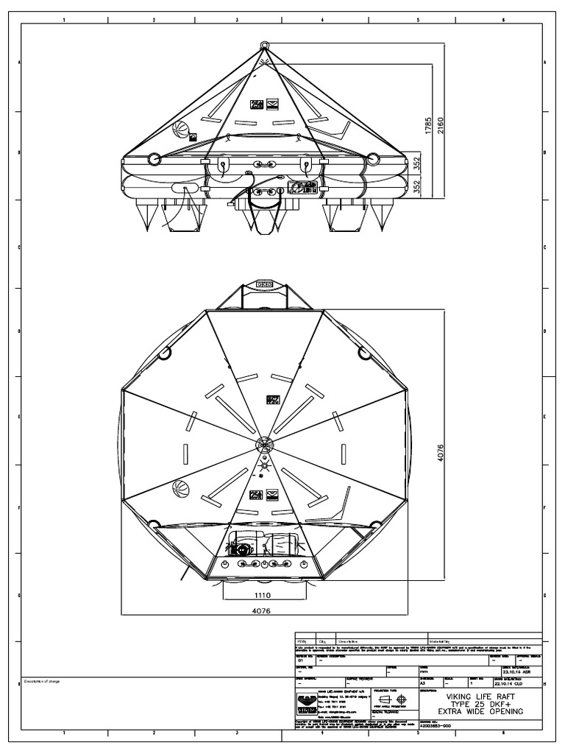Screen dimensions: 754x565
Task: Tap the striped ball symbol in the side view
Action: [180, 133]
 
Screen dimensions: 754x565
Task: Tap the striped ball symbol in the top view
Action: [181, 487]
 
